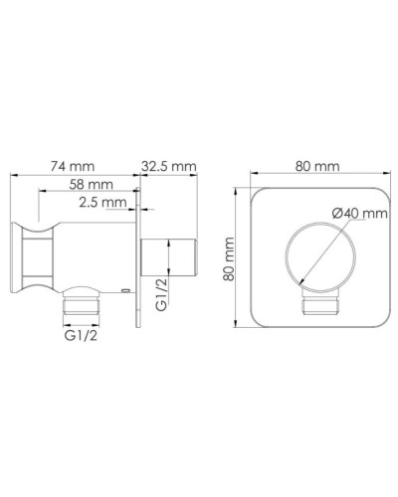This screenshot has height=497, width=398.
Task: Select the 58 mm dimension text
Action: [x=93, y=185]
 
